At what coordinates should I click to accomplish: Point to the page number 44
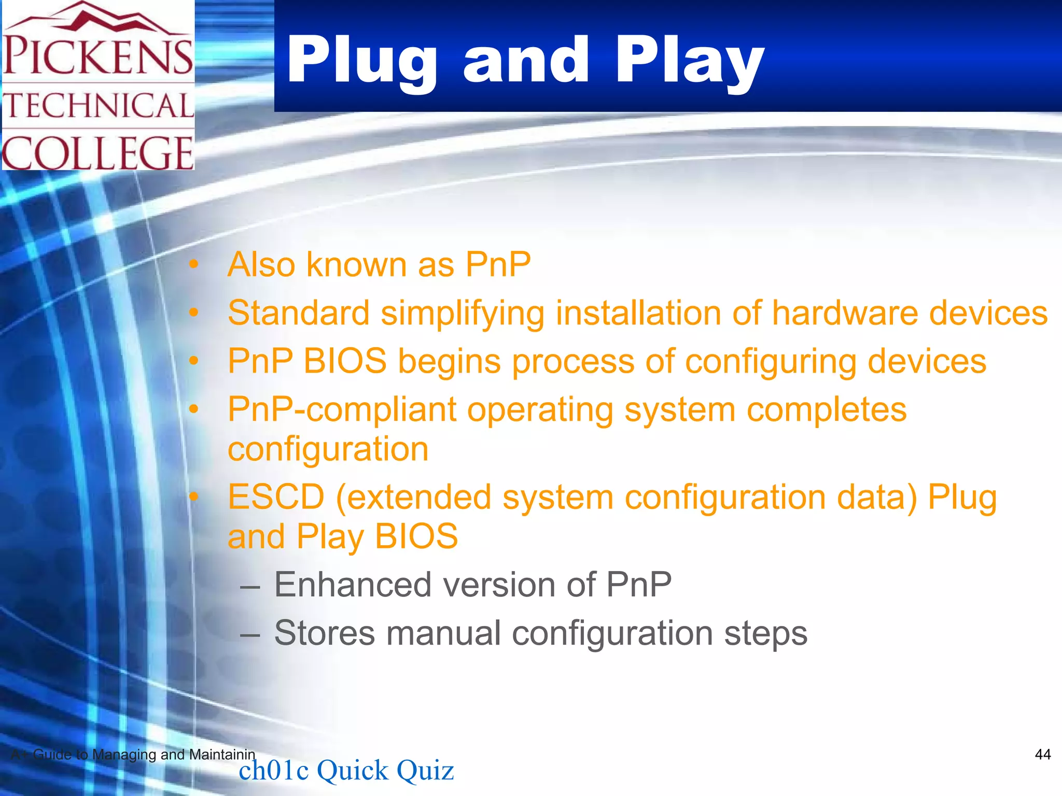coord(1042,754)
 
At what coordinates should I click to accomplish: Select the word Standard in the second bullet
coord(299,313)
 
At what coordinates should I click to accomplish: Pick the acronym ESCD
coord(276,497)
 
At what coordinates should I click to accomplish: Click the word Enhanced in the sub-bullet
coord(353,585)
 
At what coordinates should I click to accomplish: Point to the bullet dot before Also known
coord(193,265)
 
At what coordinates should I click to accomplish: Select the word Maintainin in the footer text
coord(222,755)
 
